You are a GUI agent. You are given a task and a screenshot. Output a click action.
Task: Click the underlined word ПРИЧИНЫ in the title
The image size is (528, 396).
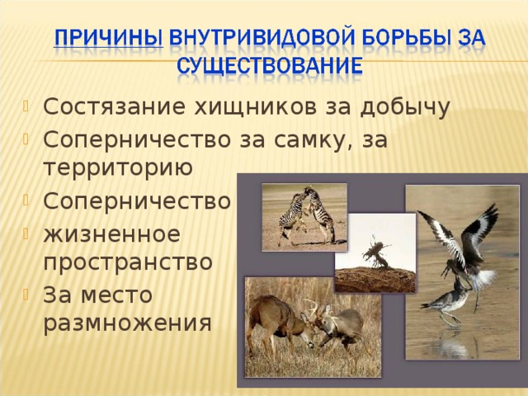coord(108,37)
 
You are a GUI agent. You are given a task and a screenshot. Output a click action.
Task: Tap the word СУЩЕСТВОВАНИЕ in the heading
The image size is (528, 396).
coord(270,65)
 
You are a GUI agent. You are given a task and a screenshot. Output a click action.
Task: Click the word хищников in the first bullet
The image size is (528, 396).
coord(256,107)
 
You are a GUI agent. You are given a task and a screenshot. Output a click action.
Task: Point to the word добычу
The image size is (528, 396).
coord(405,108)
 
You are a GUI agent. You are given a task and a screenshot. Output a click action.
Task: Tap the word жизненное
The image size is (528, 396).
coord(112,234)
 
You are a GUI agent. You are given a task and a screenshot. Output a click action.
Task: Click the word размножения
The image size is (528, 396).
coord(128,323)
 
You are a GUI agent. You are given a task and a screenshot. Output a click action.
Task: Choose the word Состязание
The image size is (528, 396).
coord(114,107)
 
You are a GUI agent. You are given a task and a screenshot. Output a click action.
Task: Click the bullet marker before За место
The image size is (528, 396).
coord(26,295)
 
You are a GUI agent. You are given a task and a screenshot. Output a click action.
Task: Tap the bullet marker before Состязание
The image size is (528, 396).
coord(26,106)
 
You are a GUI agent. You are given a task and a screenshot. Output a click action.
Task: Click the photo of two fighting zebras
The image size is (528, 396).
coord(304,217)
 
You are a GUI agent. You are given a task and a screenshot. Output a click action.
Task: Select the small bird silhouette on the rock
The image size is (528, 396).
coord(376,252)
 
